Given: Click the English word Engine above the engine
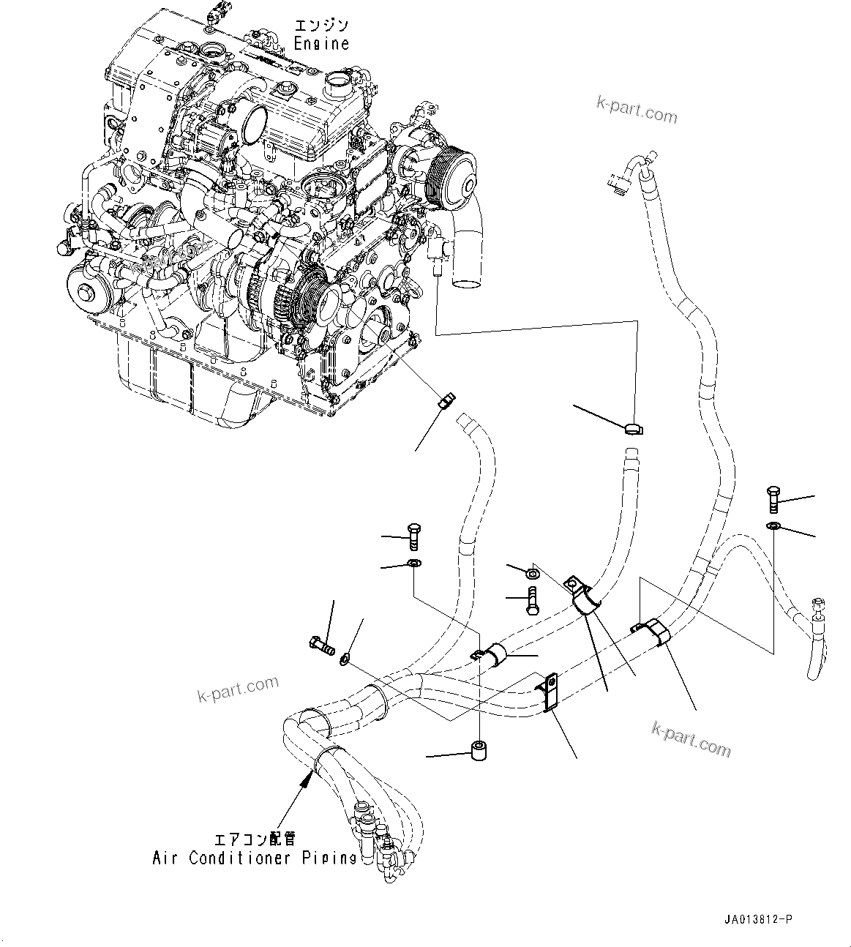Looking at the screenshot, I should [321, 44].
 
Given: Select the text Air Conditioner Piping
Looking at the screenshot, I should [254, 858].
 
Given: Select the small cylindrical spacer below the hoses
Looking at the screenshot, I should [480, 752].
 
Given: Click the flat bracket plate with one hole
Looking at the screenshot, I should [550, 692].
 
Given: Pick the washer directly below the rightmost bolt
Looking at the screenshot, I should [774, 527].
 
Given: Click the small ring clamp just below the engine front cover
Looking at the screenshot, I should [445, 400].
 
